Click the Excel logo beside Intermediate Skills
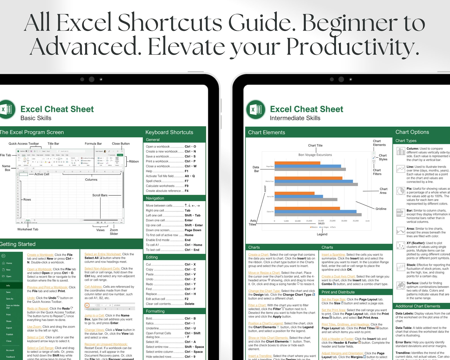coord(256,109)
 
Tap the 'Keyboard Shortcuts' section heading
coord(169,132)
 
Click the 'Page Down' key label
coord(193,230)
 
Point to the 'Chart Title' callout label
coord(315,145)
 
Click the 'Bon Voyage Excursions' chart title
coord(315,155)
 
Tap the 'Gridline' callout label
coord(381,209)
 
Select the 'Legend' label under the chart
coord(322,234)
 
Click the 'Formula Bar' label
coord(93,144)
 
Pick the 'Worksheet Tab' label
coord(28,229)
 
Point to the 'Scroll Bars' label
coord(100,195)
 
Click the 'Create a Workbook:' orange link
coord(40,255)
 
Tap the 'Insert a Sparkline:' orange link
coord(333,255)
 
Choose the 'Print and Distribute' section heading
coord(338,292)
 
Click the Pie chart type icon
coord(401,191)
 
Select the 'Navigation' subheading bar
coord(155,198)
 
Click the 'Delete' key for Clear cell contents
coord(189,304)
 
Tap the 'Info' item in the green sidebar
coord(8,285)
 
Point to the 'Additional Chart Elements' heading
coord(418,306)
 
